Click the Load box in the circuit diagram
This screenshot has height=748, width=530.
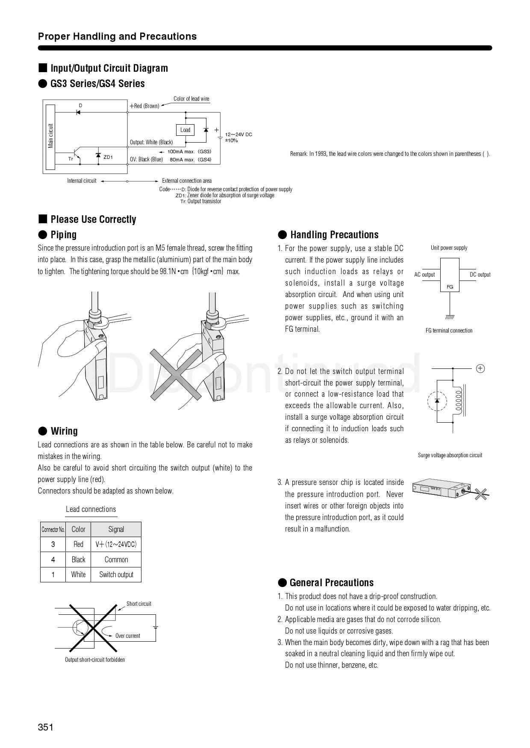point(185,130)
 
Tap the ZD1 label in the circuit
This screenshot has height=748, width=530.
point(108,157)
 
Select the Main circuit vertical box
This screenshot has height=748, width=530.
point(50,137)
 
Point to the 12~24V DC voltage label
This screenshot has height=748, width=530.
point(238,134)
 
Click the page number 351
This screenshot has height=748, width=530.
point(46,727)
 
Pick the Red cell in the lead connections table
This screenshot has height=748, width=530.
point(78,544)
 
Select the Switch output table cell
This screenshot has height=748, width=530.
point(116,575)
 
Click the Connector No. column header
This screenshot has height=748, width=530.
point(53,529)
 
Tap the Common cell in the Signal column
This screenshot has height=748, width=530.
point(116,560)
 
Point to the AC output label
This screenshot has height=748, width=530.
point(424,275)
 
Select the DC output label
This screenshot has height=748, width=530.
point(480,275)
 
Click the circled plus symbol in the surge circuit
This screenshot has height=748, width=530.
point(480,368)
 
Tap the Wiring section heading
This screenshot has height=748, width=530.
point(64,431)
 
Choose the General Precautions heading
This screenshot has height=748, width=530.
point(331,583)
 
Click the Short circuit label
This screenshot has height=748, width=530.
point(138,604)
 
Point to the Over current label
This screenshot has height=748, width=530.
point(127,636)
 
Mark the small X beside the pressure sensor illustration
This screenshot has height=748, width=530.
point(481,494)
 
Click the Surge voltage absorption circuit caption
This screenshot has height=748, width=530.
point(450,455)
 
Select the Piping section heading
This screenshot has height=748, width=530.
point(63,234)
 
